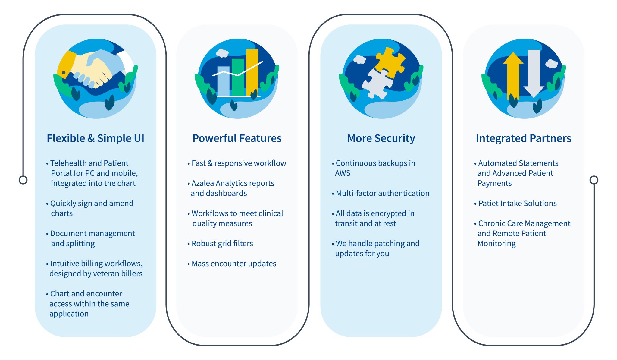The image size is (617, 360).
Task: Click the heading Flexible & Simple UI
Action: click(x=96, y=138)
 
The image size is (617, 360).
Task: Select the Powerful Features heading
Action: click(x=237, y=138)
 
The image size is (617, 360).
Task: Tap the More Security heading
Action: click(x=381, y=138)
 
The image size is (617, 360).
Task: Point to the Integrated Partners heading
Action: click(x=524, y=138)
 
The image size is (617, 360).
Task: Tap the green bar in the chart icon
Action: click(x=238, y=77)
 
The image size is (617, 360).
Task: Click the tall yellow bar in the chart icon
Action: click(x=252, y=72)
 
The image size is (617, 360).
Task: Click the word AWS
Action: click(x=343, y=173)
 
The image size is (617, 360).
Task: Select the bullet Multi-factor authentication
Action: click(x=381, y=193)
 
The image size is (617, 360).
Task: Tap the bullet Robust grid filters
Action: click(x=220, y=244)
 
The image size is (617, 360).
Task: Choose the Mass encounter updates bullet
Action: click(x=232, y=264)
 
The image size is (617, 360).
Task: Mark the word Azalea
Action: click(x=203, y=183)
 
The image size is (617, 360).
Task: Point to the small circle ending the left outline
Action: click(x=23, y=180)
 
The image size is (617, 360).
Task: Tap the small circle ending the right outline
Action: click(x=594, y=180)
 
